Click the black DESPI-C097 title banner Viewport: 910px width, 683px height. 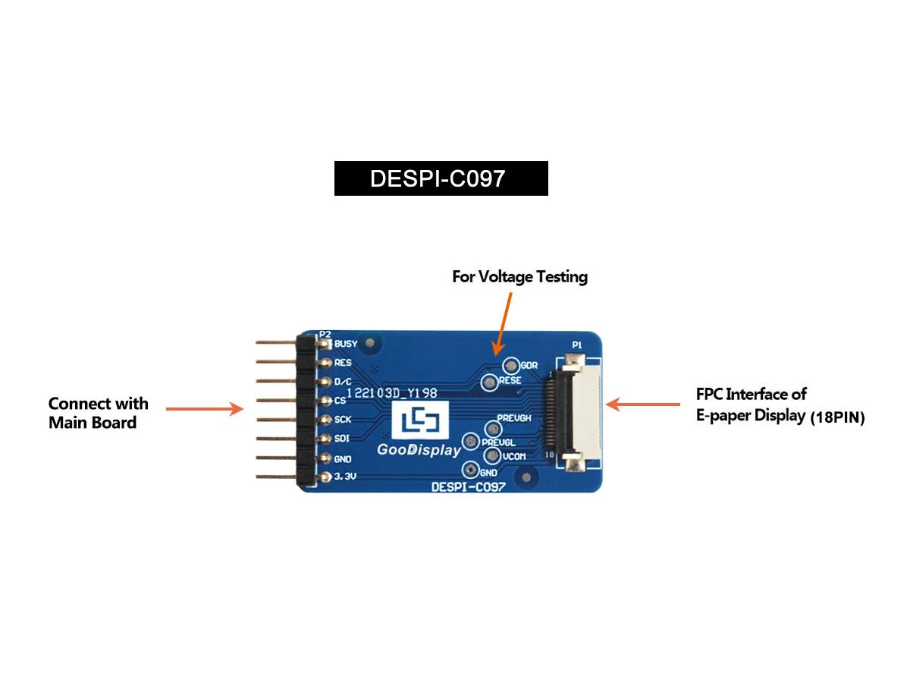click(x=441, y=178)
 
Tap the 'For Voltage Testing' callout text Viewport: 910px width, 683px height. click(x=519, y=277)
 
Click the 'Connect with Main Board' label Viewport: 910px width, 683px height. click(x=99, y=413)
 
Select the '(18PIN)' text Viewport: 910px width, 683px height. click(x=837, y=417)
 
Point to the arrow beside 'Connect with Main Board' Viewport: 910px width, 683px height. click(x=204, y=409)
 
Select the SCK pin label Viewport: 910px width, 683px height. click(x=343, y=420)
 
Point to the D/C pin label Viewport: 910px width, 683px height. click(x=343, y=382)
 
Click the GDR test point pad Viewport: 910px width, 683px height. click(x=510, y=366)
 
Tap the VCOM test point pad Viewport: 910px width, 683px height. click(x=491, y=456)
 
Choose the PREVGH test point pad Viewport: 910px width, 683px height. click(x=489, y=430)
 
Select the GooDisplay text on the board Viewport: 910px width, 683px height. click(x=419, y=450)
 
